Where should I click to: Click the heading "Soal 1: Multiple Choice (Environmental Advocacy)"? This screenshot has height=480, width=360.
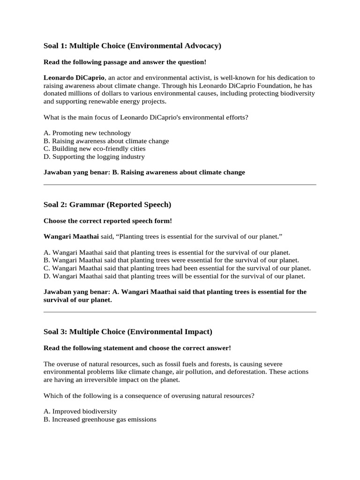132,45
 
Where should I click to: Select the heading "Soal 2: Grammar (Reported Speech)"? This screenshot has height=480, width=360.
107,205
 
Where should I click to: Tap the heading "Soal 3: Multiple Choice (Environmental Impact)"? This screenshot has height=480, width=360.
128,332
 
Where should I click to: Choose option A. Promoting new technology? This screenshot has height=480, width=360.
87,133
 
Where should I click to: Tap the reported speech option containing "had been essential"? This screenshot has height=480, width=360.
177,268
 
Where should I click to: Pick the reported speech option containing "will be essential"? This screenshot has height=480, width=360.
174,276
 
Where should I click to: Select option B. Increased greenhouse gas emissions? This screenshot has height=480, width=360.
99,420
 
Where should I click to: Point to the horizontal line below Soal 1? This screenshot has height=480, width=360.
180,185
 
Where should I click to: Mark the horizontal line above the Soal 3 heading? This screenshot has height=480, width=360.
180,312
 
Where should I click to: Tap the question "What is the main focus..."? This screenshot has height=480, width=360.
146,117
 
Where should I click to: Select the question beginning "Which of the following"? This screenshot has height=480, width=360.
149,396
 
